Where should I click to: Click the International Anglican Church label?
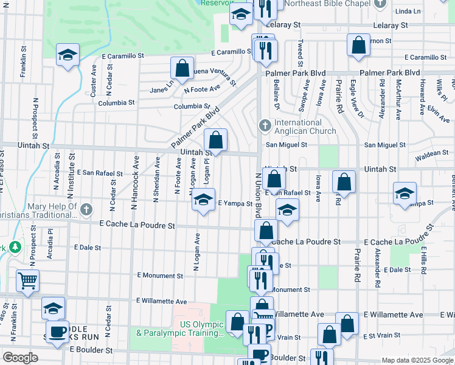[305, 127]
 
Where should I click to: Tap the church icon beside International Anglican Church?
[265, 126]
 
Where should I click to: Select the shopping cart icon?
[27, 281]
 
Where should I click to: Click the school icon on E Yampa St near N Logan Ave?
[203, 200]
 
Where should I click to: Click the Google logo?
[20, 358]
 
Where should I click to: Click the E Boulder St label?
[91, 350]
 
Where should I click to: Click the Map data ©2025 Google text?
[417, 360]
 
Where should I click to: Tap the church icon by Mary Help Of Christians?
[85, 210]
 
